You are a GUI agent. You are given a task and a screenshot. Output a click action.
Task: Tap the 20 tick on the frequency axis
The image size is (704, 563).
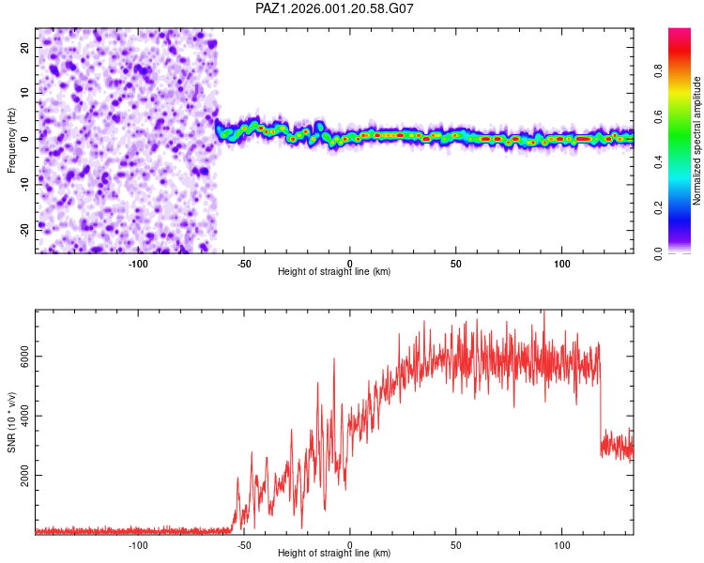pyautogui.click(x=25, y=47)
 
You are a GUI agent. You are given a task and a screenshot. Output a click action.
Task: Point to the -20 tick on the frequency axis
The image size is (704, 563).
pyautogui.click(x=25, y=229)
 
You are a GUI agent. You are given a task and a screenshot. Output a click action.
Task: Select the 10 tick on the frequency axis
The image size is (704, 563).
pyautogui.click(x=25, y=93)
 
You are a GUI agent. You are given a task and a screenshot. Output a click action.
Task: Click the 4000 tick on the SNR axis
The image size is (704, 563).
pyautogui.click(x=25, y=416)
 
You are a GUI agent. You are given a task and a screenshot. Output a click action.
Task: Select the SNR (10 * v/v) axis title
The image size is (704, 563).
pyautogui.click(x=11, y=422)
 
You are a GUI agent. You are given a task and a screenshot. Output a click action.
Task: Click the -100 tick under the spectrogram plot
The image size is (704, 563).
pyautogui.click(x=138, y=264)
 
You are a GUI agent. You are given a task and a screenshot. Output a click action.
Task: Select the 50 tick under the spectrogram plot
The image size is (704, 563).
pyautogui.click(x=455, y=264)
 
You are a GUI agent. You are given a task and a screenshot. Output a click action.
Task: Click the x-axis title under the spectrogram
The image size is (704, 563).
pyautogui.click(x=334, y=272)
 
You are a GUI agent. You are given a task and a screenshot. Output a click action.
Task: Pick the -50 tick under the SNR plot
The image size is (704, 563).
pyautogui.click(x=244, y=545)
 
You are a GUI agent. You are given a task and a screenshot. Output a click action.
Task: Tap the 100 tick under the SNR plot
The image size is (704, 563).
pyautogui.click(x=561, y=545)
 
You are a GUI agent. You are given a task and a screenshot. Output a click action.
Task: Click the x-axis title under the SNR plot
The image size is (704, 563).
pyautogui.click(x=334, y=554)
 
